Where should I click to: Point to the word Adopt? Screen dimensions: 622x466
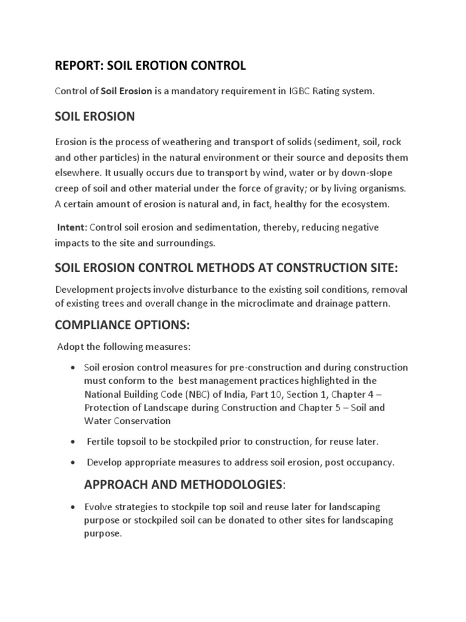pos(69,347)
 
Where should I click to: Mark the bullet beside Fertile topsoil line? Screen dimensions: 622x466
pos(73,440)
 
